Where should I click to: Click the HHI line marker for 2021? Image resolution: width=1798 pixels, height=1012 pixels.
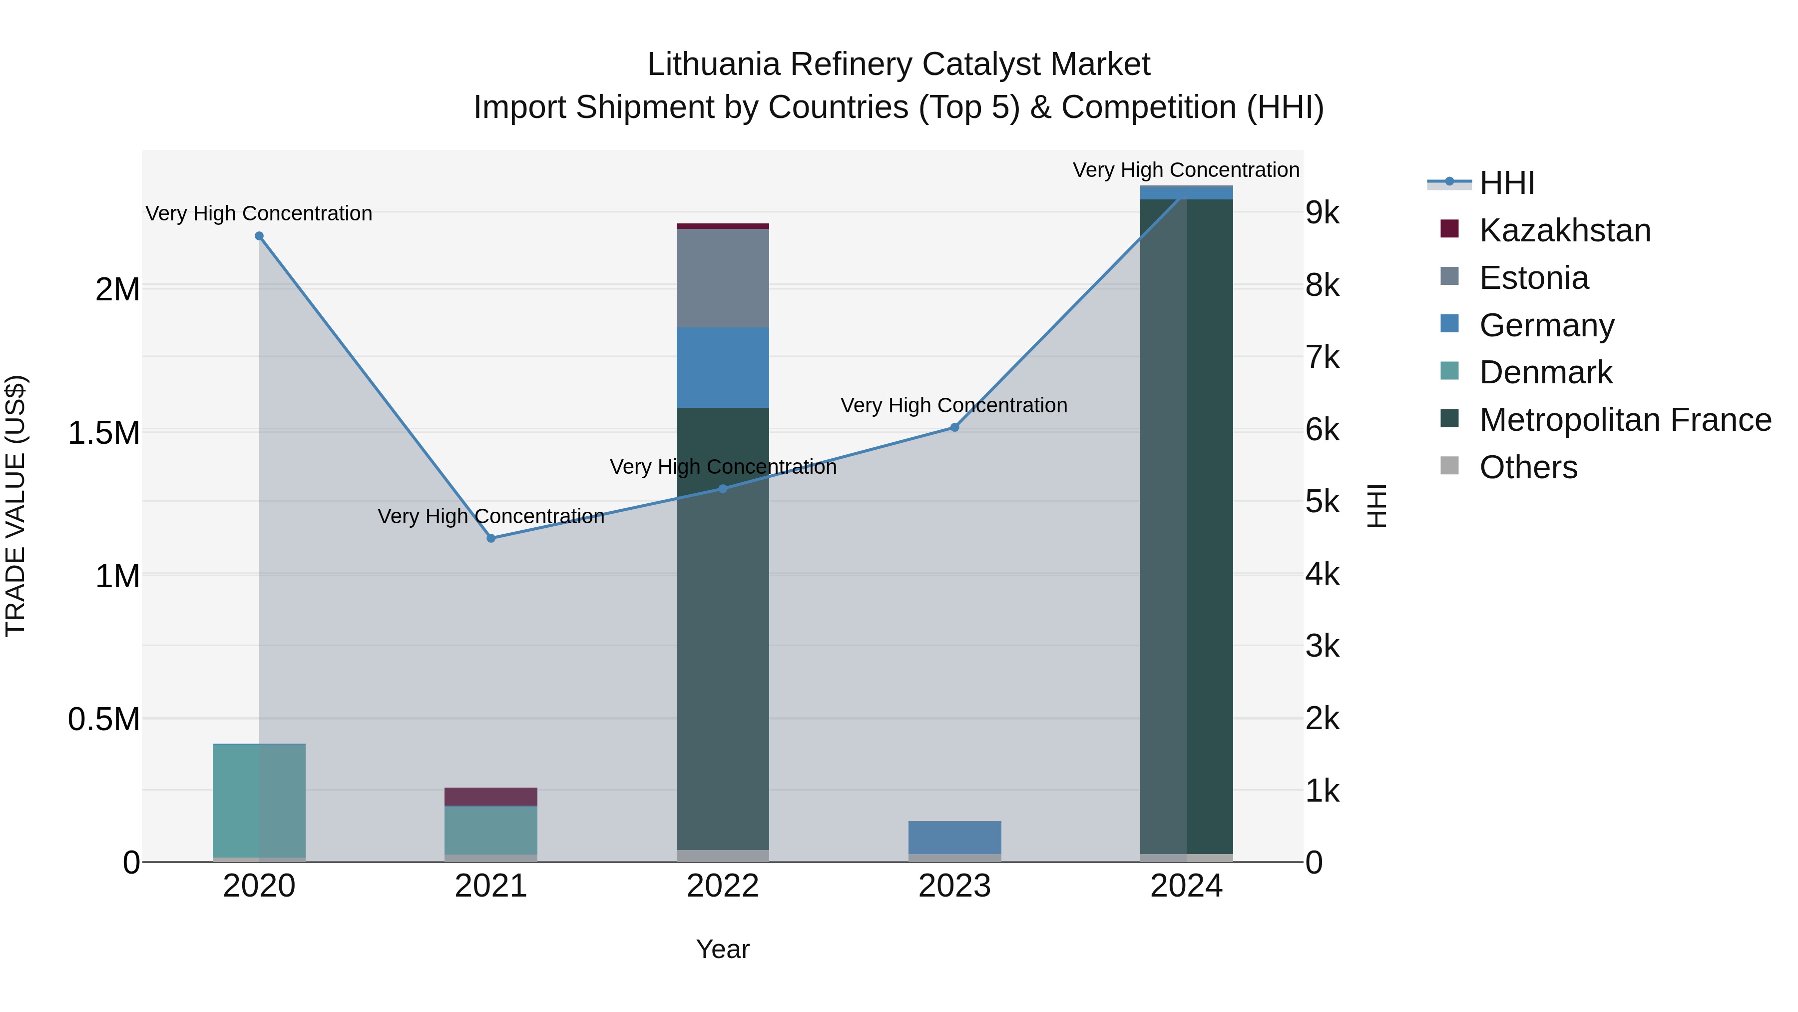pos(490,538)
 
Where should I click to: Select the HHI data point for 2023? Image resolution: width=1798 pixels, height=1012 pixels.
pos(954,427)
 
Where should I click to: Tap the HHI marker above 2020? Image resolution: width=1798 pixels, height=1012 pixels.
pos(259,236)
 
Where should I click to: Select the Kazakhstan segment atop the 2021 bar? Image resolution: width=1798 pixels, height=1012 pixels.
pos(490,796)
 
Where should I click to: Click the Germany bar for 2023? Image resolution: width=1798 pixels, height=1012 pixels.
pos(954,837)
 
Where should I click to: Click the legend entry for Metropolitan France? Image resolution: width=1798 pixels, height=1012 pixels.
pos(1624,420)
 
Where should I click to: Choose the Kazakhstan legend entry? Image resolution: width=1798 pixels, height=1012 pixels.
pos(1564,230)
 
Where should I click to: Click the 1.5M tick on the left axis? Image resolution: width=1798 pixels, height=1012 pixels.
pos(103,433)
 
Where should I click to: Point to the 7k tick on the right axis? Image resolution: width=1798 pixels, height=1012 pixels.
pos(1322,358)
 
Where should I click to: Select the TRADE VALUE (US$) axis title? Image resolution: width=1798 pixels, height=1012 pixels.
pos(15,506)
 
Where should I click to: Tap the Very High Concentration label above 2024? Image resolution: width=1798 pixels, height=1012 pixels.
pos(1185,170)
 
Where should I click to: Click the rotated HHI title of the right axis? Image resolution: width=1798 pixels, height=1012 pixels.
pos(1376,506)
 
